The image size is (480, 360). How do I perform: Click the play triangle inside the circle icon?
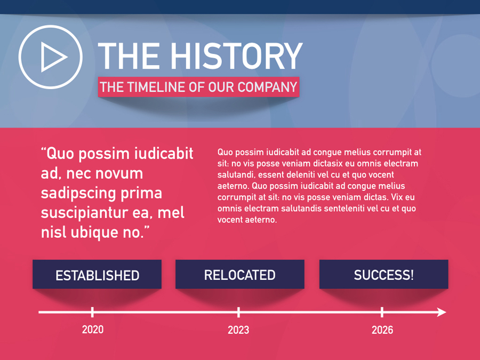click(x=53, y=57)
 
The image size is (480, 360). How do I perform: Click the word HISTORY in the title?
click(x=236, y=56)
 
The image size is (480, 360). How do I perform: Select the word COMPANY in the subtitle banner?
click(x=267, y=87)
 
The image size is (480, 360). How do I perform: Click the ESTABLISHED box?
click(x=97, y=274)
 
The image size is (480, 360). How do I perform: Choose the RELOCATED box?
click(x=239, y=274)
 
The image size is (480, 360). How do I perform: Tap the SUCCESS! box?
click(x=383, y=274)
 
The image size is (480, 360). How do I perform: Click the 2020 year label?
click(x=93, y=330)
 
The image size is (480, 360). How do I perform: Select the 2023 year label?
click(x=238, y=330)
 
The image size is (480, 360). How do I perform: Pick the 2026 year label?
click(x=382, y=330)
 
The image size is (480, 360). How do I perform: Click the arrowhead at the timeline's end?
click(x=442, y=312)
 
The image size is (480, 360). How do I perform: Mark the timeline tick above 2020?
click(x=92, y=312)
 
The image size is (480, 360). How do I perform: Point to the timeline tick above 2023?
click(x=238, y=312)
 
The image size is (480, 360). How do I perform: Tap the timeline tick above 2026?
click(x=382, y=312)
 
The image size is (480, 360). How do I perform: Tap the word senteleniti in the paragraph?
click(x=344, y=209)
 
